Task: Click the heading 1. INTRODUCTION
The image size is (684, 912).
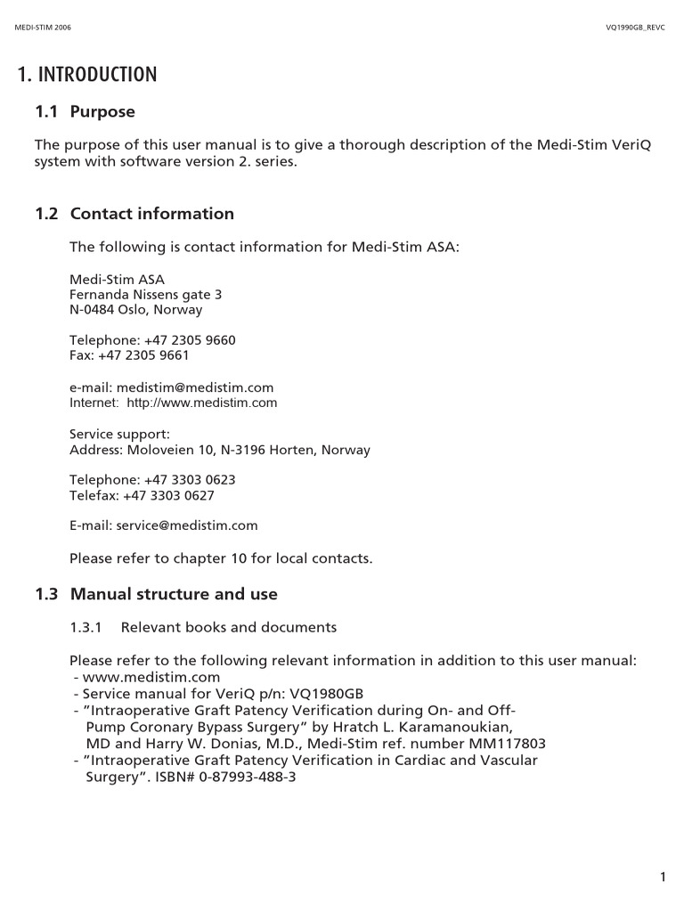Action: point(87,75)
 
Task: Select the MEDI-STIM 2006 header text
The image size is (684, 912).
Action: point(44,28)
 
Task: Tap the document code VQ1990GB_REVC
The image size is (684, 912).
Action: point(635,28)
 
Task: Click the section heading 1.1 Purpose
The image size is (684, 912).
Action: point(85,112)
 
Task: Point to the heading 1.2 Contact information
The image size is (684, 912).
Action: point(134,214)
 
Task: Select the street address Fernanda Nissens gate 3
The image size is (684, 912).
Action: point(146,294)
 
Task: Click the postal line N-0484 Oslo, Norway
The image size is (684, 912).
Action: point(135,310)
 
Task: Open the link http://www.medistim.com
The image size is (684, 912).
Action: point(202,403)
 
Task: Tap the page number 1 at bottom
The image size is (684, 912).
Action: point(663,878)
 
